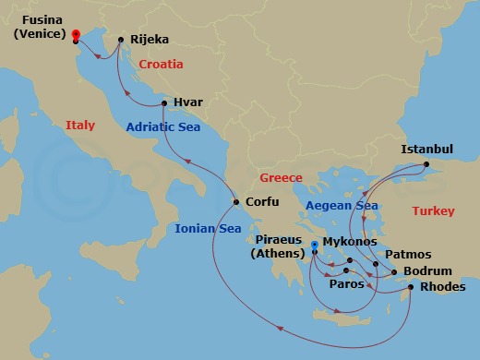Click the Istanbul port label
(426, 149)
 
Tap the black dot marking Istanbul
(426, 165)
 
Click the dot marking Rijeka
(121, 39)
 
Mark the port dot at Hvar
(163, 103)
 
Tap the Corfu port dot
(236, 202)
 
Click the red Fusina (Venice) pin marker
(75, 35)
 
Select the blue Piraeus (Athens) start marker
(315, 246)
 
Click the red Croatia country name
(161, 65)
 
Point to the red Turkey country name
(433, 211)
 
